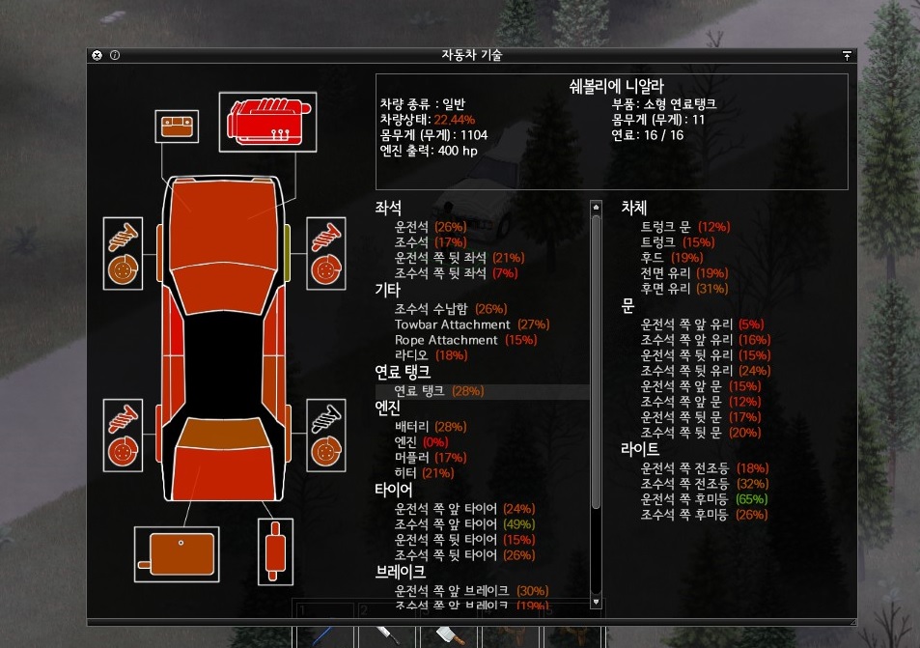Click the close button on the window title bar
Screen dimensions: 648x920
[97, 55]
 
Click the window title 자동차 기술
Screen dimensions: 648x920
[471, 55]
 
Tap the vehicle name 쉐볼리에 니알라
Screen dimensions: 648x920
[611, 86]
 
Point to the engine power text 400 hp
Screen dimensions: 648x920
[458, 151]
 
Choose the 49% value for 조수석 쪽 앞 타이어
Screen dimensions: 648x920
[518, 524]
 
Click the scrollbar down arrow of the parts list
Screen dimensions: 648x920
[596, 601]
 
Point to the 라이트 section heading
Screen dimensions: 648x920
[640, 450]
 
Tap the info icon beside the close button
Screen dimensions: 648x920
[115, 55]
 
